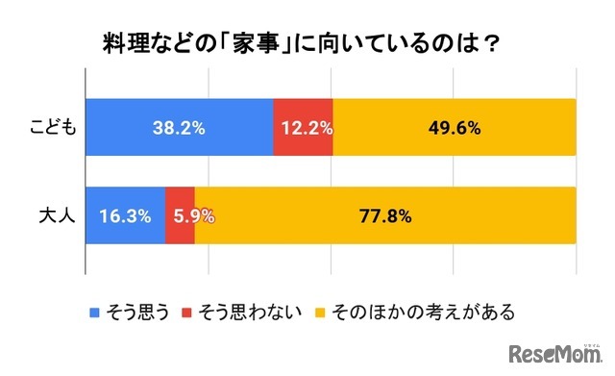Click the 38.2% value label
(179, 127)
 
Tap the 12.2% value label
(304, 127)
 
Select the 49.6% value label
(455, 127)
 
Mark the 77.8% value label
(385, 215)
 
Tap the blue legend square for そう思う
(93, 312)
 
